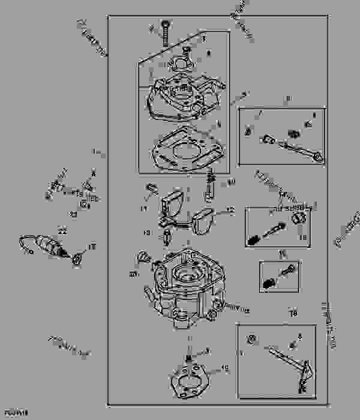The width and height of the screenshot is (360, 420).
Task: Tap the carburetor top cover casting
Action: pos(183,96)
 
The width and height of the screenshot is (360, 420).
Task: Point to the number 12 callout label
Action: pos(229,211)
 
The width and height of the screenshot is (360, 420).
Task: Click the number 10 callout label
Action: pos(232,181)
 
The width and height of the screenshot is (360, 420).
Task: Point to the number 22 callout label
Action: pos(62,230)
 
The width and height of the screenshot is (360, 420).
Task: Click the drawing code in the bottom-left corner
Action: pos(11,414)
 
